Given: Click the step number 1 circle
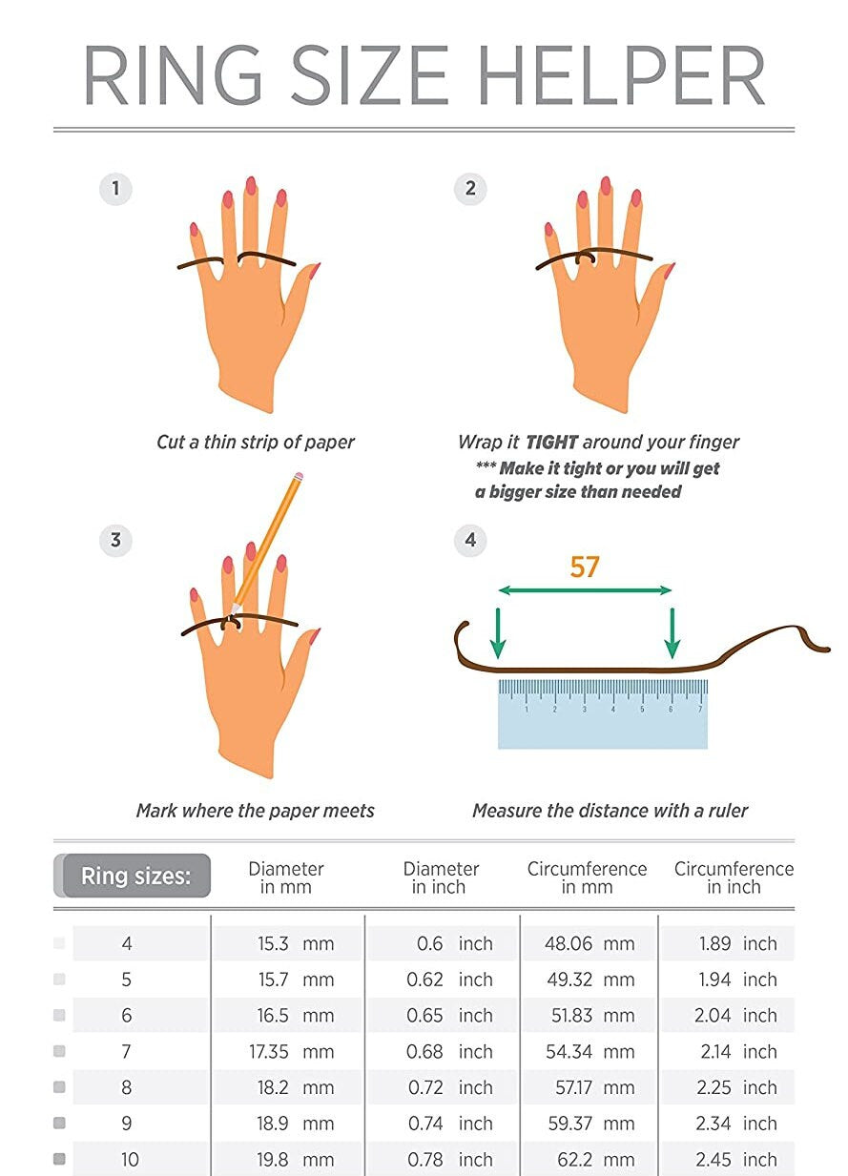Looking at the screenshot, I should [115, 188].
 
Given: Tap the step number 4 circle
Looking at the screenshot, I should [469, 540].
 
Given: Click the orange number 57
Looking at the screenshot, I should [584, 567].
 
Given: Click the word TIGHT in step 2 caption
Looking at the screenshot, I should [551, 442].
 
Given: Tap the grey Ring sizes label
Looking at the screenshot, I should [135, 877].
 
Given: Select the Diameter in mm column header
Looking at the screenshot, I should [285, 877].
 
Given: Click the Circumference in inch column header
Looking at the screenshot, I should [733, 877].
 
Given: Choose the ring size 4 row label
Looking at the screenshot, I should [127, 944].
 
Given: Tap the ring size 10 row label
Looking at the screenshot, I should [129, 1160].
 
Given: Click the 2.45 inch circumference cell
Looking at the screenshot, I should [735, 1160].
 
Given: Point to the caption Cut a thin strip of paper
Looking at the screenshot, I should [255, 442].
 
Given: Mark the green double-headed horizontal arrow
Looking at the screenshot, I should [585, 591].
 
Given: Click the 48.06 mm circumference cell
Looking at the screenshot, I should [589, 944].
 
